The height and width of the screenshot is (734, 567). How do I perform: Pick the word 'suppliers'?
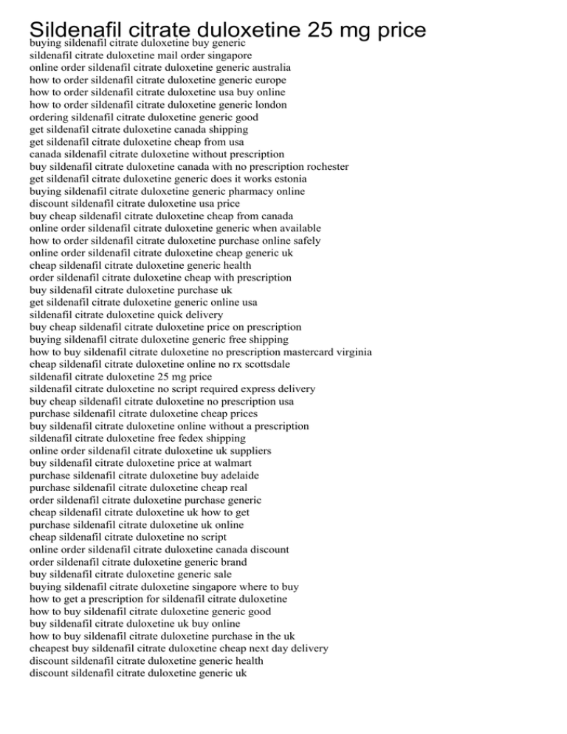click(253, 450)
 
